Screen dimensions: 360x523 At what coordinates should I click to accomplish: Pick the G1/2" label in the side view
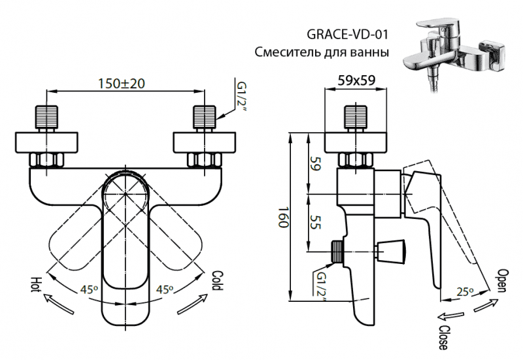point(321,286)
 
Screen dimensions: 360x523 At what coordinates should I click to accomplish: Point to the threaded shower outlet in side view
point(337,250)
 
